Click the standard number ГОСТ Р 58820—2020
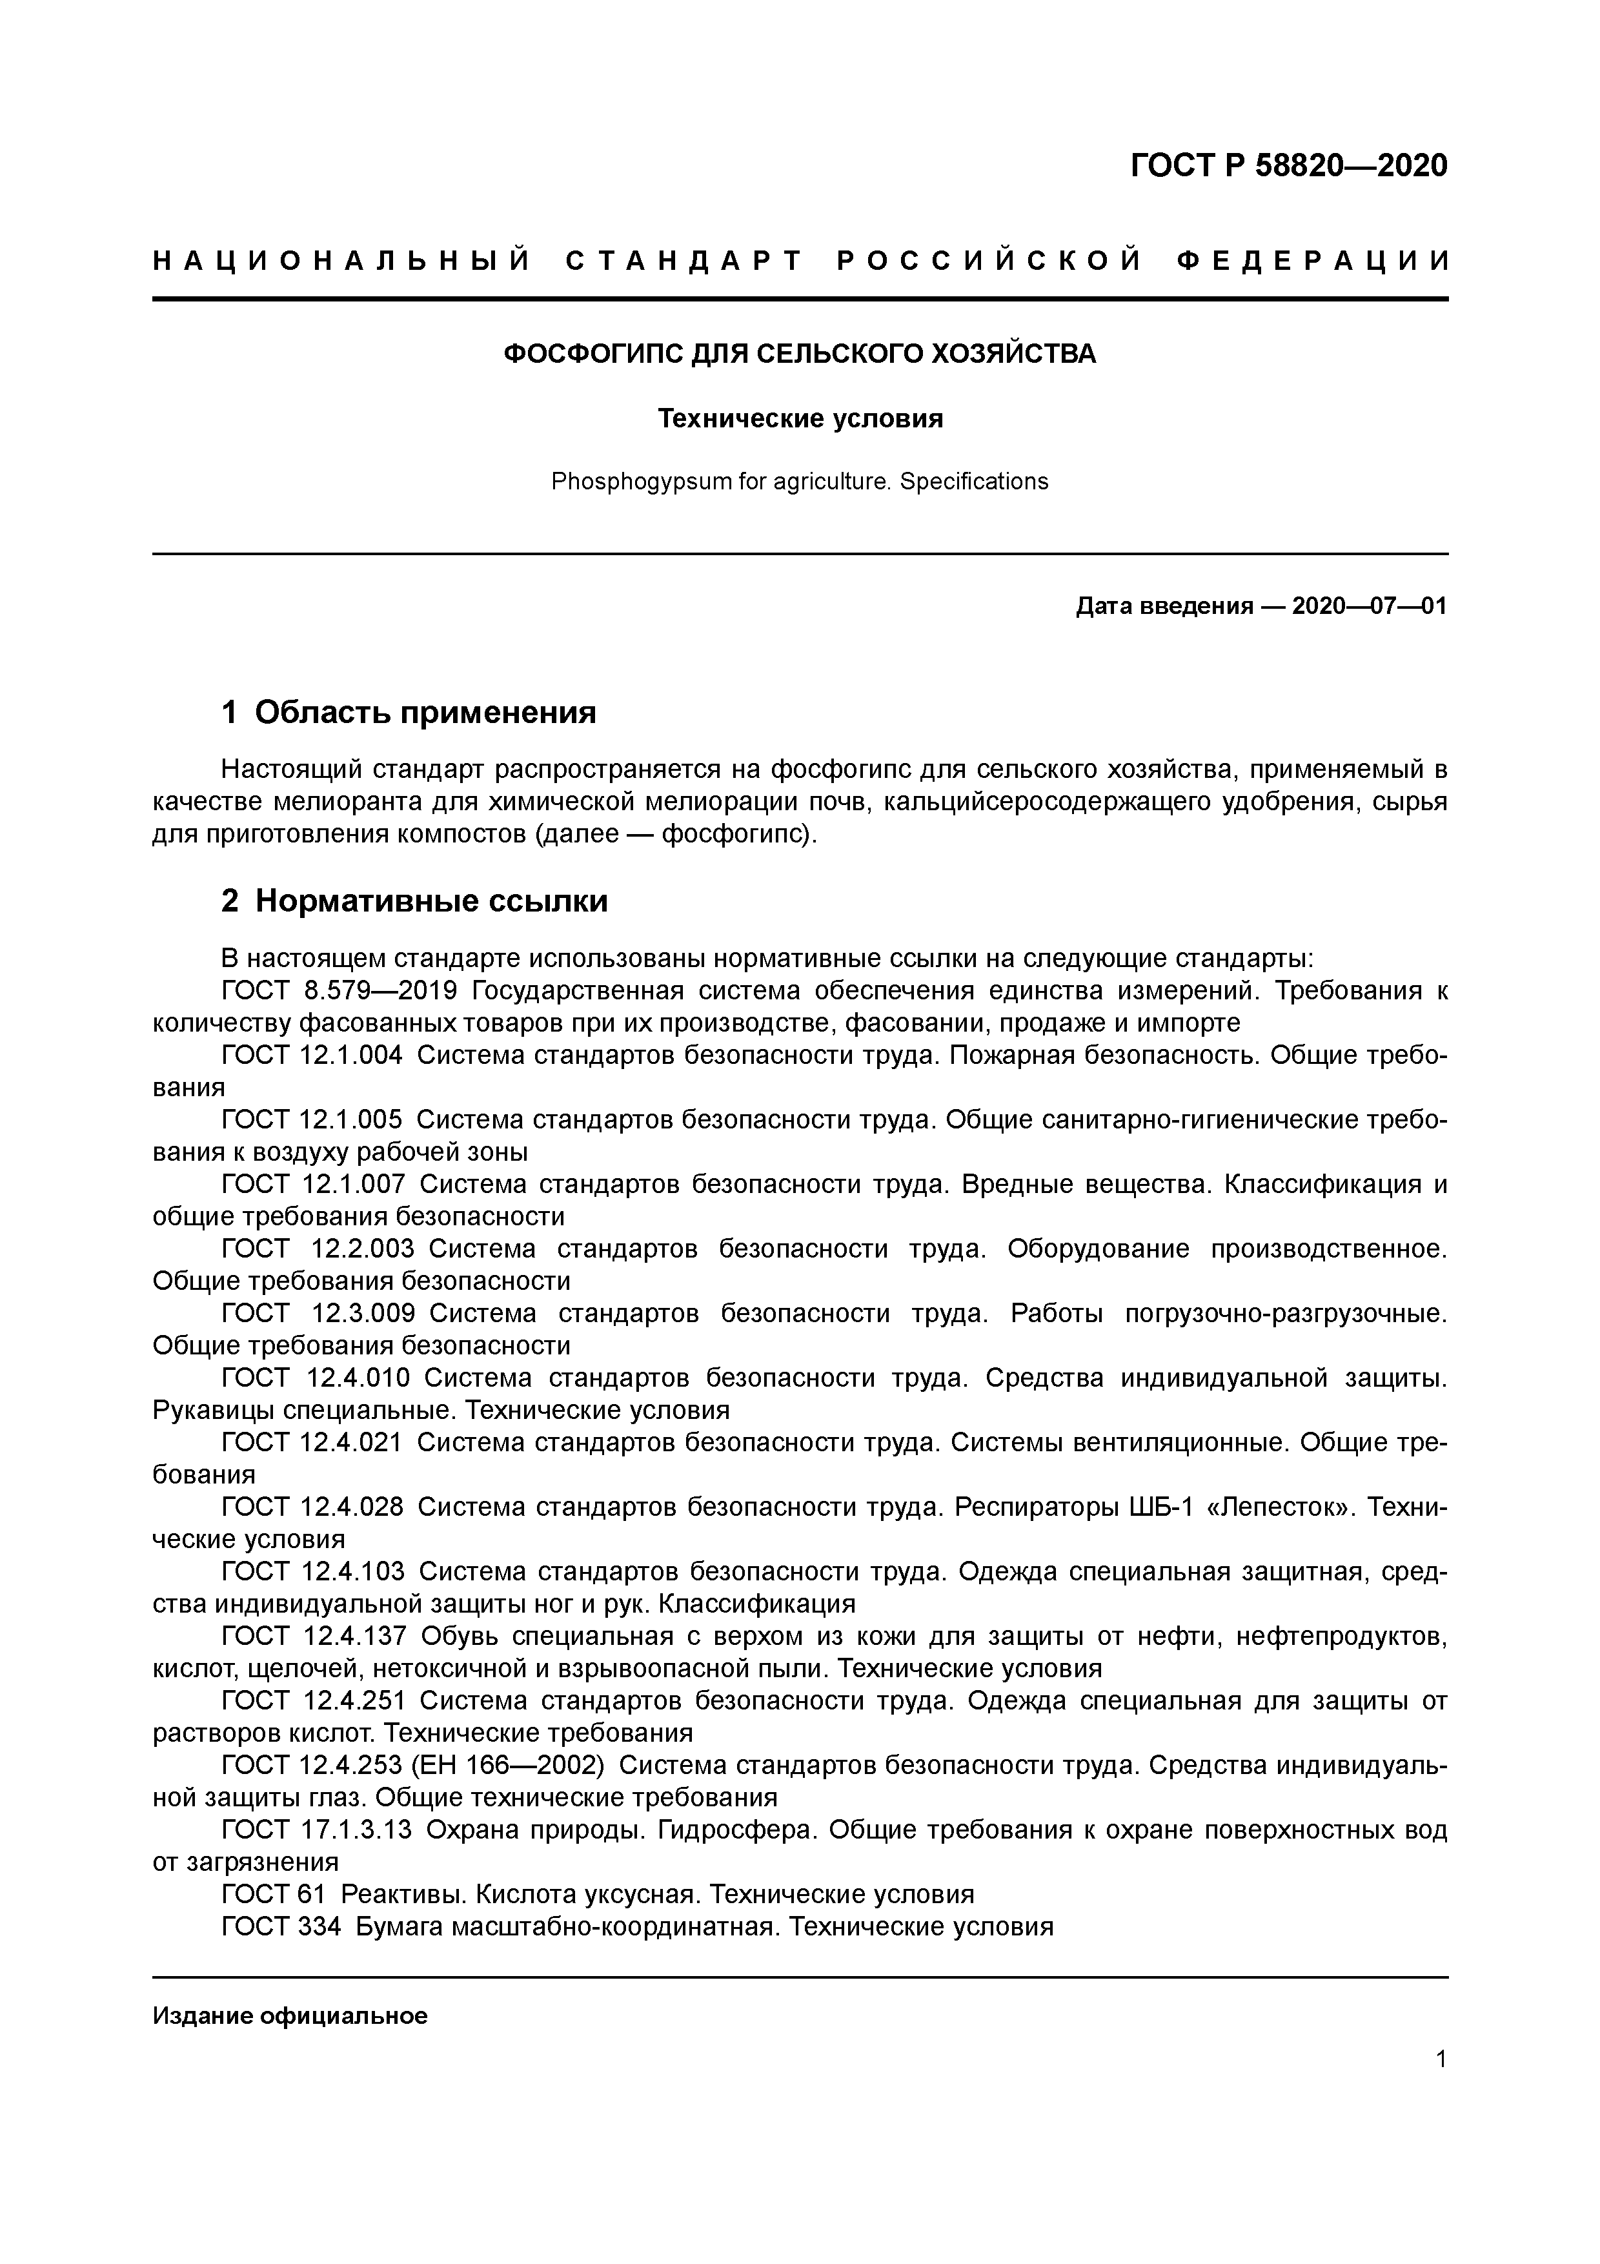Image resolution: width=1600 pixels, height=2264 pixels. (x=1288, y=166)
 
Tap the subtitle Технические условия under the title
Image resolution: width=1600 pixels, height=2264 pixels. (x=800, y=419)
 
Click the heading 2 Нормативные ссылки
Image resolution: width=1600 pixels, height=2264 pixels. (x=414, y=901)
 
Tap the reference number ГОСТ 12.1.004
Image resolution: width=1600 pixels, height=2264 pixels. (x=312, y=1055)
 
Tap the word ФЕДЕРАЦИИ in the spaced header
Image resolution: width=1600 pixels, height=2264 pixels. (x=1313, y=261)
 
